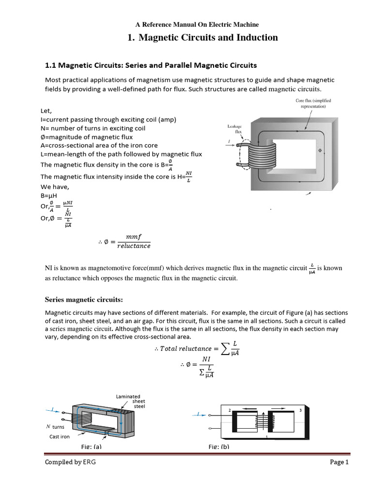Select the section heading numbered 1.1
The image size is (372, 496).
(x=151, y=65)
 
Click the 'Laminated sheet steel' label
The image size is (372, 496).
(x=131, y=401)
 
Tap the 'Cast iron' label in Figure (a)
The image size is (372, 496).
(x=60, y=436)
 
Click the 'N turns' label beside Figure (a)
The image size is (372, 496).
(x=55, y=427)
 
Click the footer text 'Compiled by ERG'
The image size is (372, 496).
(x=70, y=462)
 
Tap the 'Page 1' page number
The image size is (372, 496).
(x=339, y=462)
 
